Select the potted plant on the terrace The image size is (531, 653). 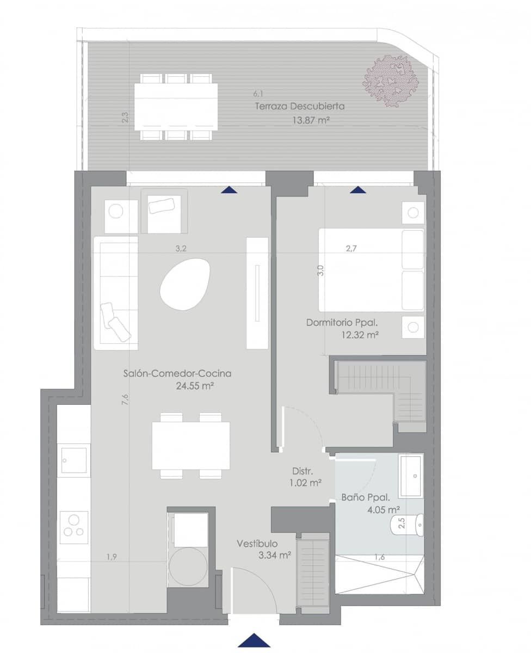pos(391,81)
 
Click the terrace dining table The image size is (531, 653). pos(176,107)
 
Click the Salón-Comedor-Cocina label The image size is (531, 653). pos(177,374)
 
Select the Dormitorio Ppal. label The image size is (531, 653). pos(342,322)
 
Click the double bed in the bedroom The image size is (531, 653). pos(371,270)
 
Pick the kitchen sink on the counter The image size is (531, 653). pos(73,460)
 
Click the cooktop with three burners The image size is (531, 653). pos(74,527)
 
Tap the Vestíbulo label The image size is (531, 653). pos(257,544)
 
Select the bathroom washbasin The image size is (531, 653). pos(411,476)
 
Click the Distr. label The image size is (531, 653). pos(301,471)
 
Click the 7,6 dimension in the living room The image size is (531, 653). pos(125,399)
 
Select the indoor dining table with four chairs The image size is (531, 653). pos(190,446)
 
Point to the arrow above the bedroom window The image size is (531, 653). pos(358,189)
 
